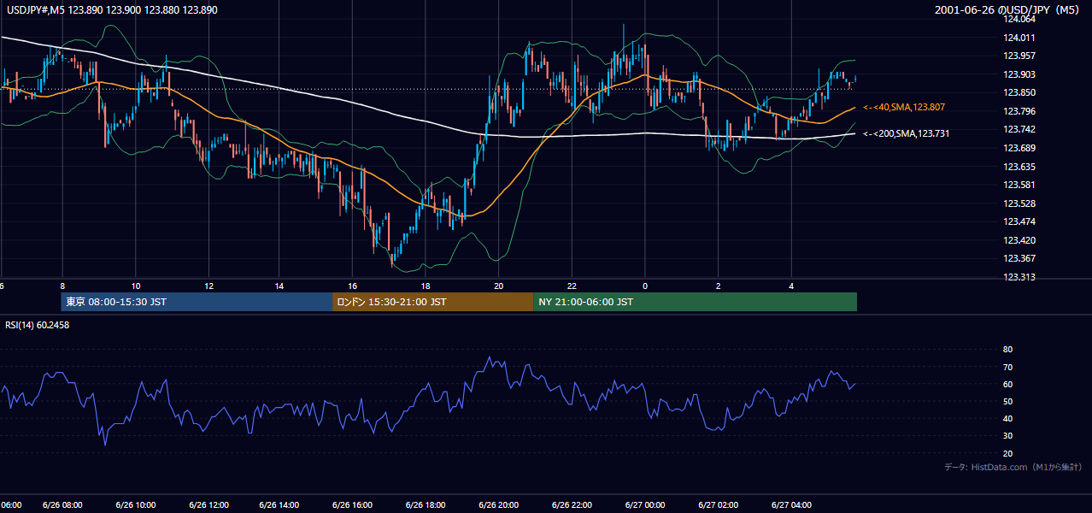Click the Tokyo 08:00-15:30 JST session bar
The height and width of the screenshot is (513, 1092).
pos(197,302)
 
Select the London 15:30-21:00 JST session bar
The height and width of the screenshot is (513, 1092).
pos(433,302)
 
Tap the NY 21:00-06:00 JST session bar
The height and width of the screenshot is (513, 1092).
pos(696,302)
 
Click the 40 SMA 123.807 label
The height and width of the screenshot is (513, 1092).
pos(904,107)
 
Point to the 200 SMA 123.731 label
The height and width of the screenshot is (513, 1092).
pos(907,133)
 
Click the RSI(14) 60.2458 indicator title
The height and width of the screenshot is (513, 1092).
pos(37,325)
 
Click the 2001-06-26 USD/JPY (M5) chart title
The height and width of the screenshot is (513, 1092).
pos(1007,9)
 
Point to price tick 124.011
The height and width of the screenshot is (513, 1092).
pos(1019,38)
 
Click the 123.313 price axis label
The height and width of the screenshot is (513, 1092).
pos(1019,277)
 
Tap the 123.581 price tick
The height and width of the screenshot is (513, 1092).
pos(1019,185)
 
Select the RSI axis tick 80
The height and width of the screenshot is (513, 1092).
pos(1007,349)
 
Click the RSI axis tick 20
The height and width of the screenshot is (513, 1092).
pos(1007,453)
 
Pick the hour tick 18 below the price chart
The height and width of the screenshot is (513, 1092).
pos(426,286)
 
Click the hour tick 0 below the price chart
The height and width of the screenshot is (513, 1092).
pos(645,286)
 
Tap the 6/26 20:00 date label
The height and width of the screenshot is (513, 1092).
pos(499,505)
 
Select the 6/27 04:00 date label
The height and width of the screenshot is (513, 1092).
pos(791,505)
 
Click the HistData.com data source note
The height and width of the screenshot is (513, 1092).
pos(1013,467)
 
